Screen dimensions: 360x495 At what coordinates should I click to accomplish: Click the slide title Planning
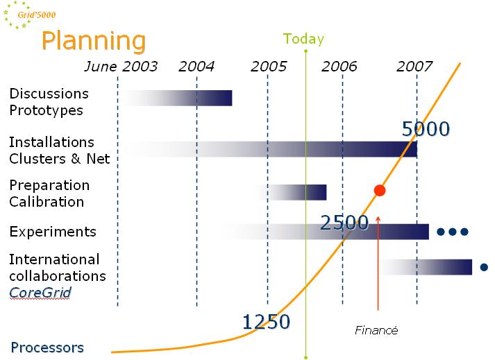click(93, 40)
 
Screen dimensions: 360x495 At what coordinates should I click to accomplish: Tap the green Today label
click(303, 39)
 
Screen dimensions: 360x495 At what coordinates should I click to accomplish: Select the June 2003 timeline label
click(121, 67)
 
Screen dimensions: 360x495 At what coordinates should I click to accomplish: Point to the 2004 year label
click(196, 67)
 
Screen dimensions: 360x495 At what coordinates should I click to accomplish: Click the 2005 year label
click(269, 67)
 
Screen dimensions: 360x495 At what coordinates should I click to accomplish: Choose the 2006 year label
click(339, 67)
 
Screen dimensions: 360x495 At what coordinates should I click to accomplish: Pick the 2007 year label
click(414, 67)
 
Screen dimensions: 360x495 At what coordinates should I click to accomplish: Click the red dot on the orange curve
click(379, 190)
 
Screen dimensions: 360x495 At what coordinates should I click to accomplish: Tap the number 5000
click(426, 129)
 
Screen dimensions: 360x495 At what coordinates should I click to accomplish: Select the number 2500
click(344, 223)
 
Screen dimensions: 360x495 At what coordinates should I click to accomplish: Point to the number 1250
click(266, 321)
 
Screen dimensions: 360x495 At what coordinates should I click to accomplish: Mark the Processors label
click(47, 348)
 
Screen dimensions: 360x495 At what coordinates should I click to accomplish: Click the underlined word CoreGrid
click(40, 293)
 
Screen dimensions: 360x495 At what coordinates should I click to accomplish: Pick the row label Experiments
click(53, 232)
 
